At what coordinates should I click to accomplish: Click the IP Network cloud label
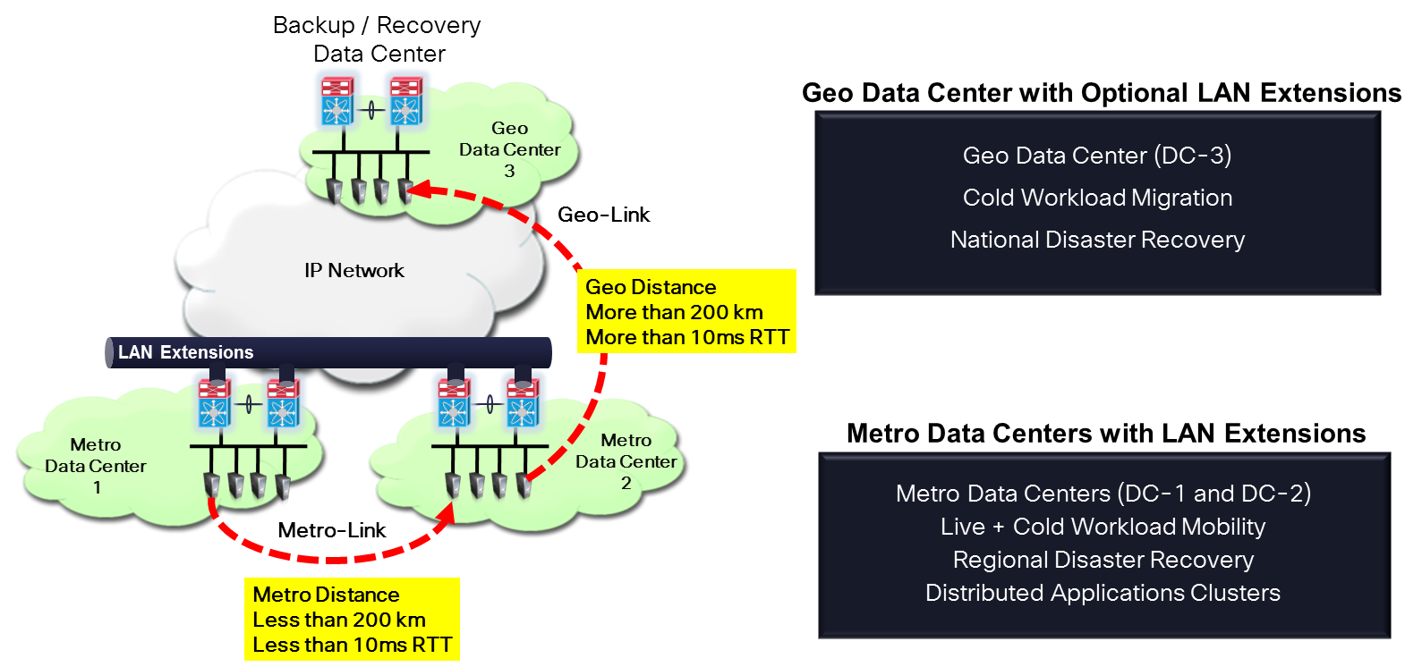353,270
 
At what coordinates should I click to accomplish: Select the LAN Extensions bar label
185,352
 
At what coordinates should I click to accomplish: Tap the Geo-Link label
603,215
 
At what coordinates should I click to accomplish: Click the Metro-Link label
331,530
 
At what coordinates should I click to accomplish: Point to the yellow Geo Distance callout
686,311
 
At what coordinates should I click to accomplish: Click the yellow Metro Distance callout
352,619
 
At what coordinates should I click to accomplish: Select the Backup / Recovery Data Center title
378,39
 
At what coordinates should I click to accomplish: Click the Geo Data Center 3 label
509,149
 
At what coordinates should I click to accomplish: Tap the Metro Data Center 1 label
96,466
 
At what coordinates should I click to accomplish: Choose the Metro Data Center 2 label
626,461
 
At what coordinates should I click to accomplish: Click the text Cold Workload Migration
1097,198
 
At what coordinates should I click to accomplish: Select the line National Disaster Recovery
1097,240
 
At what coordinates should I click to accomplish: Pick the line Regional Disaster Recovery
1103,560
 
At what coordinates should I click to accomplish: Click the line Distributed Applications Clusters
1103,593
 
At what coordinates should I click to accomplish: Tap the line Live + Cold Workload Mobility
1103,527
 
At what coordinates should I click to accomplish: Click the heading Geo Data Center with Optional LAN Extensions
1101,93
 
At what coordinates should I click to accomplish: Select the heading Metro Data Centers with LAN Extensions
1106,434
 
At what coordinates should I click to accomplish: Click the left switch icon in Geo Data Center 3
337,101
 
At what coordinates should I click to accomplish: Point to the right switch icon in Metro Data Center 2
523,403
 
